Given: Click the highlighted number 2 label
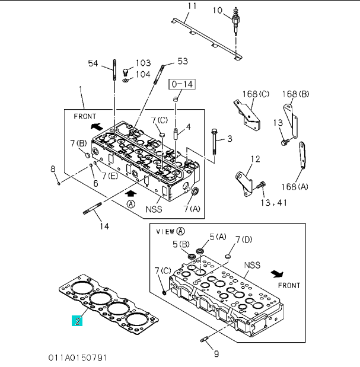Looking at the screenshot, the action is (77, 321).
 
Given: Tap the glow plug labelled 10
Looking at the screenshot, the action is (235, 21).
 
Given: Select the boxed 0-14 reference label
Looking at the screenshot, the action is (182, 84).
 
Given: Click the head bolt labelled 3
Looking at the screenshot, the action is (214, 142).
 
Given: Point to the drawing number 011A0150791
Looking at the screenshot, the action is (78, 358).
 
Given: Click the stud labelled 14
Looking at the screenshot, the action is (93, 208).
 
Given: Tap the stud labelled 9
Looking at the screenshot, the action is (204, 339).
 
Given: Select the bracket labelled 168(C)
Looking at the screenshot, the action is (247, 116).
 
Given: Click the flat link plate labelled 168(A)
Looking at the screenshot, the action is (302, 155).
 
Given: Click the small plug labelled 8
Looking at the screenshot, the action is (59, 183).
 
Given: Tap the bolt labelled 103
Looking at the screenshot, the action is (125, 72).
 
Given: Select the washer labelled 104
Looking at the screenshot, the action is (125, 81).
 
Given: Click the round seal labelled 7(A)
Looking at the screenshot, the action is (195, 192).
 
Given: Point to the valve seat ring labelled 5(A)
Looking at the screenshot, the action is (200, 252).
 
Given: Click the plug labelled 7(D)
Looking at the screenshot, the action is (228, 256).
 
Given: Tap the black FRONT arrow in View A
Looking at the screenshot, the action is (277, 274).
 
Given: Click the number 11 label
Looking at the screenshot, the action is (192, 5).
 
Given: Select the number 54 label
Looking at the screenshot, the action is (93, 63).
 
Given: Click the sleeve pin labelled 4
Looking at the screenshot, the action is (176, 133).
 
